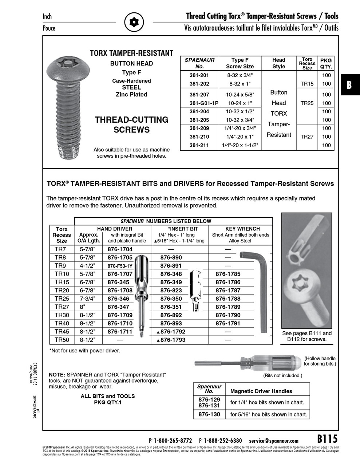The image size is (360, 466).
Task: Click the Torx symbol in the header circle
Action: pos(134,22)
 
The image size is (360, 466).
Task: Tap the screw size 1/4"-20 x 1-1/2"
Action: pos(240,145)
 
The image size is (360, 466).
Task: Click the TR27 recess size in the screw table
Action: pos(307,137)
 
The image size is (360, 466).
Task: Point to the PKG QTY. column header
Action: pos(326,63)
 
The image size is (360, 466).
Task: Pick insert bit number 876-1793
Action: pos(171,340)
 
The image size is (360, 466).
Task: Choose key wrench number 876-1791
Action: pos(228,323)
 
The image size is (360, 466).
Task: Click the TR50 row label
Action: pos(62,340)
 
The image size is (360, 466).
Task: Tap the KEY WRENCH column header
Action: pos(242,229)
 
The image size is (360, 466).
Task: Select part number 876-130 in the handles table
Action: pos(209,414)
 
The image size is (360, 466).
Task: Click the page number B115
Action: pos(327,438)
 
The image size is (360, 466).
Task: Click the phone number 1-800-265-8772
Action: pos(173,441)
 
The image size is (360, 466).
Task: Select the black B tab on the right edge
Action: pos(350,85)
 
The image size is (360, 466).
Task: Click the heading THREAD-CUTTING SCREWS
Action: pos(131,125)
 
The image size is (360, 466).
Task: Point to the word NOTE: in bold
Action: pos(57,375)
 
